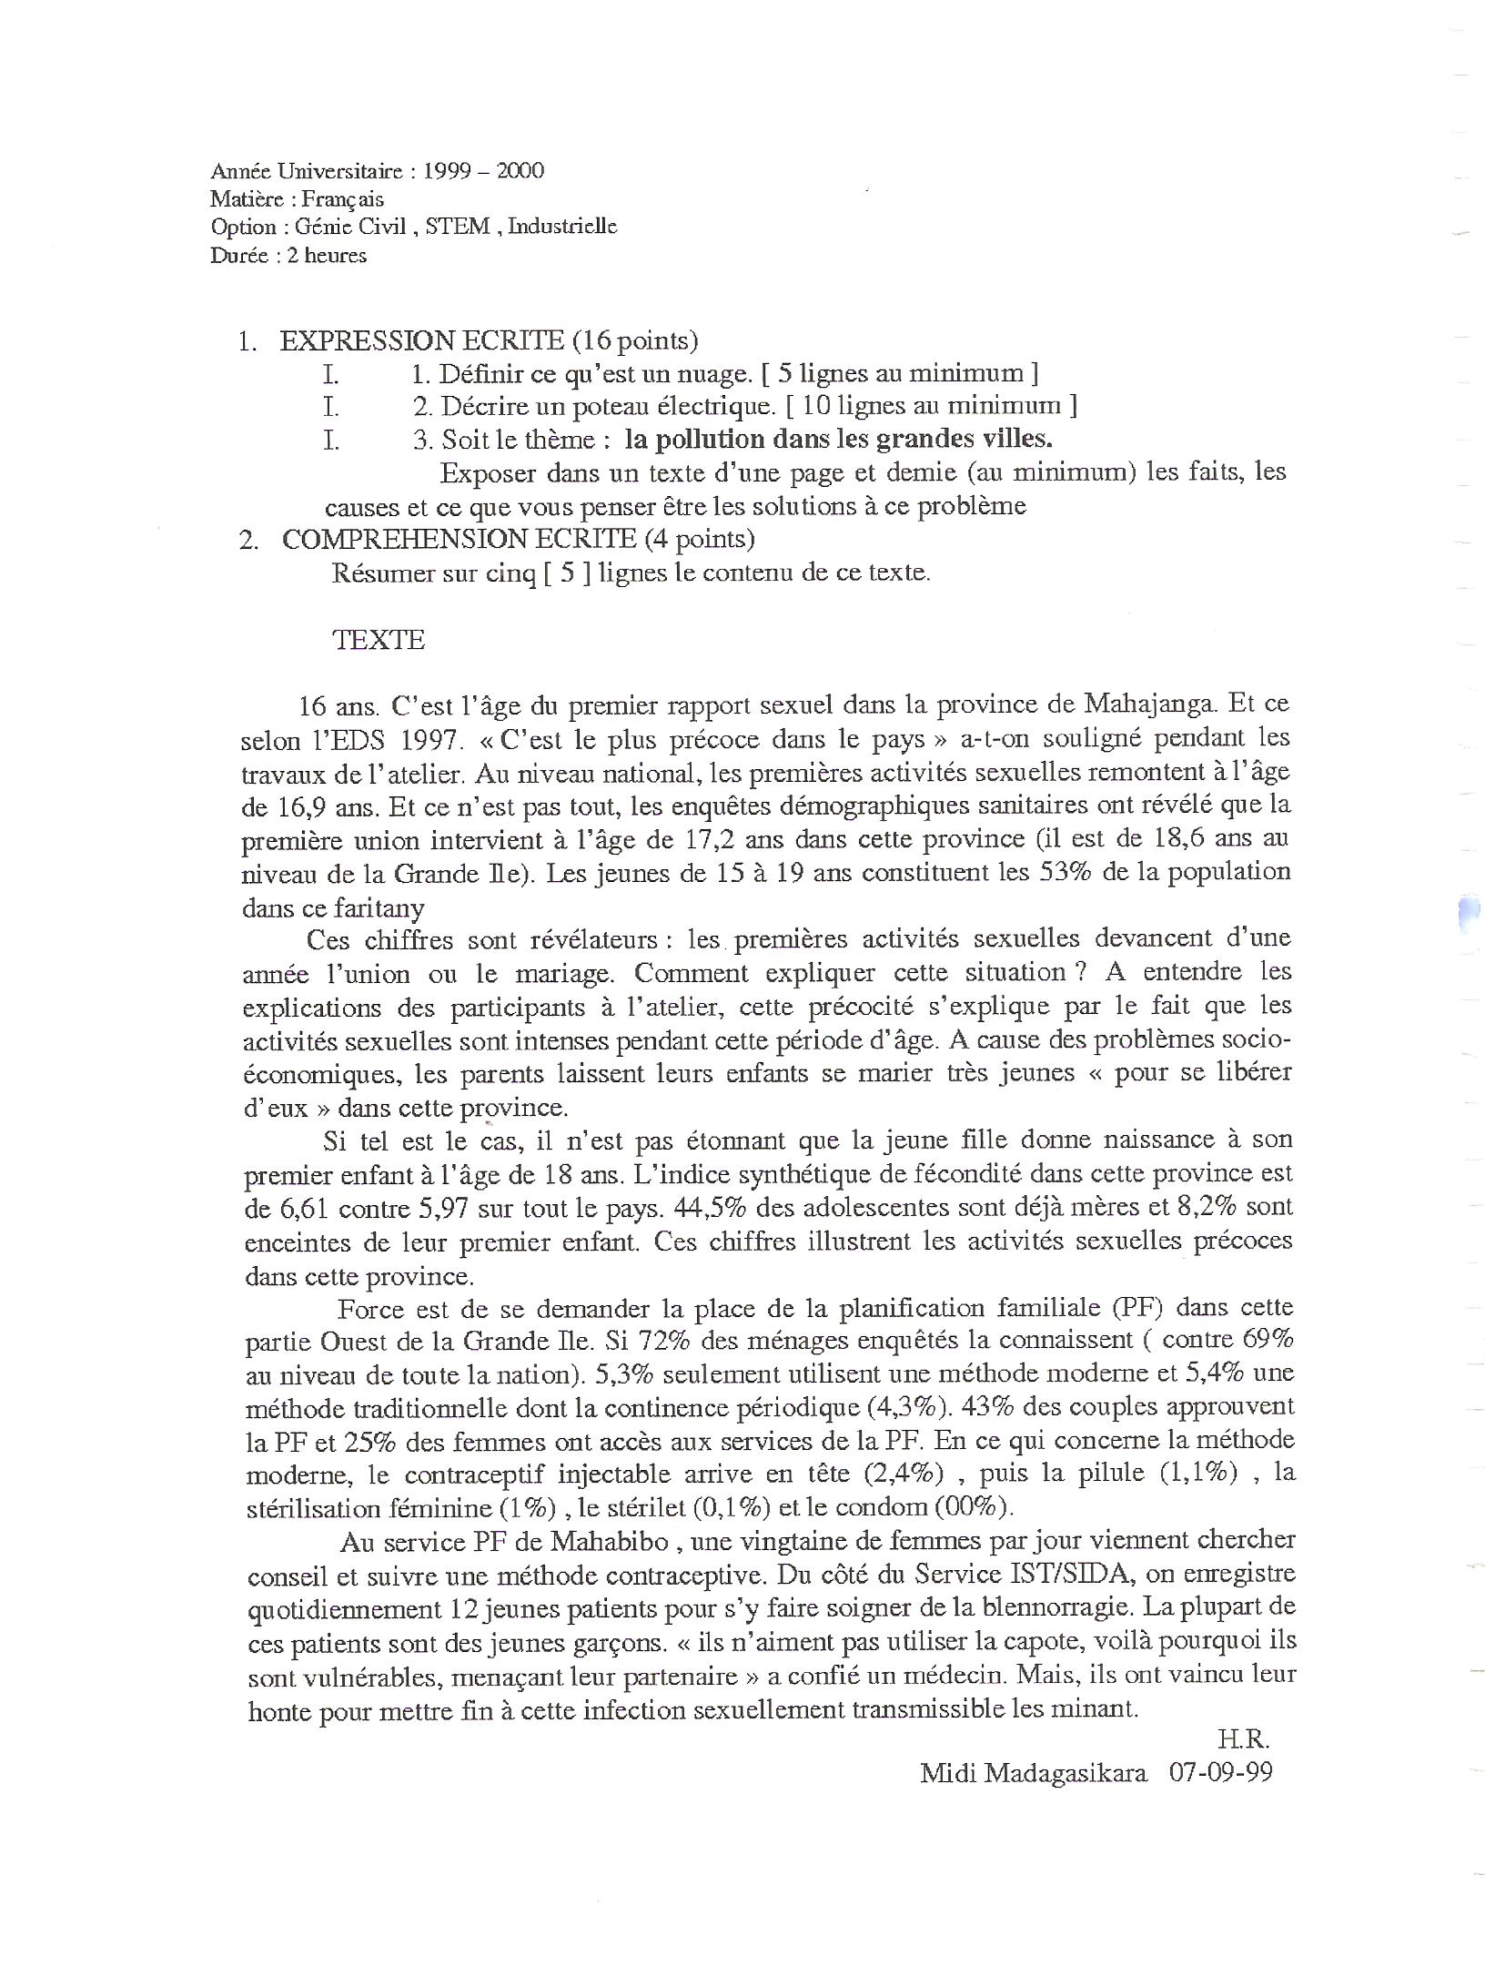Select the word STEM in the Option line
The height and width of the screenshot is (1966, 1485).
click(457, 227)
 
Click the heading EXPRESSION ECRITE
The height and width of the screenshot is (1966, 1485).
click(421, 340)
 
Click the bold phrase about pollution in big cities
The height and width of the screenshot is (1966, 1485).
click(838, 439)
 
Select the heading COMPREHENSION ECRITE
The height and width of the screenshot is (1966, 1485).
click(459, 539)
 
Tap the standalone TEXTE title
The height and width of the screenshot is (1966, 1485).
click(379, 640)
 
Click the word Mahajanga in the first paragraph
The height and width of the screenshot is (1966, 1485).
click(1147, 704)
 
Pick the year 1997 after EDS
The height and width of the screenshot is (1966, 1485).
click(425, 739)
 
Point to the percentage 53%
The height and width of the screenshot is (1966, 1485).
click(1065, 872)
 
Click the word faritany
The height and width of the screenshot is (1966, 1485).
click(379, 907)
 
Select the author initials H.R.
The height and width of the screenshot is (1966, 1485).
click(1244, 1739)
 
